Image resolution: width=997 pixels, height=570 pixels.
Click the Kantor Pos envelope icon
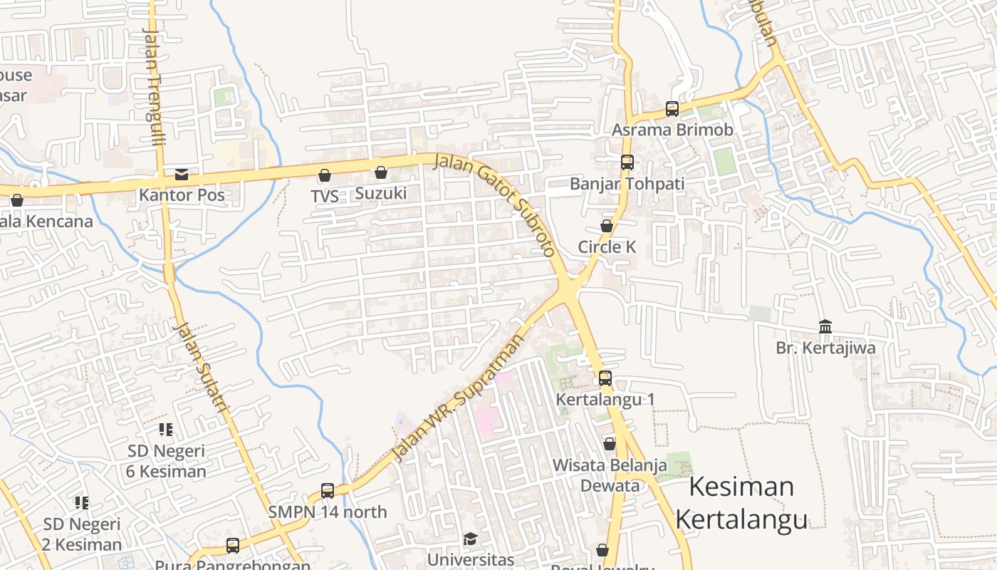pos(182,174)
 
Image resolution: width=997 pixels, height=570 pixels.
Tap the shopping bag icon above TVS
pos(325,175)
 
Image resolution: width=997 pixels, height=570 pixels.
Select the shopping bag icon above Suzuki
pos(380,172)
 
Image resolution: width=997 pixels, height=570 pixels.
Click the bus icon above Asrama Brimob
pos(672,108)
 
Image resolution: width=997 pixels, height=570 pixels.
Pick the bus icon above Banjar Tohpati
pos(627,162)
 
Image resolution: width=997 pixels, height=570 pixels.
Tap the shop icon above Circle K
pos(606,226)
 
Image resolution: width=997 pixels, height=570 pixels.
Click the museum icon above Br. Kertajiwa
pos(825,326)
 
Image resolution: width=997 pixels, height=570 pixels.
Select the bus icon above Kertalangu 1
pos(605,378)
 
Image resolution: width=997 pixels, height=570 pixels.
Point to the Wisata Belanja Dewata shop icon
pos(609,444)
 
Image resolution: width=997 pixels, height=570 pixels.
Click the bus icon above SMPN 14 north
pos(328,490)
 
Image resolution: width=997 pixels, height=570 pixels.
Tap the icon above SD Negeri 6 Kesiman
pos(166,429)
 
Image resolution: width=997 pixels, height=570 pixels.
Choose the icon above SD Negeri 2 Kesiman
pos(82,502)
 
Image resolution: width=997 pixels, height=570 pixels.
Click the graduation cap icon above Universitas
pos(470,538)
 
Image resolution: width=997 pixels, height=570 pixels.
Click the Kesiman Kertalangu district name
pos(741,503)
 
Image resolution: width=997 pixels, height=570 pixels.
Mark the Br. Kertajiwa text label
pos(825,348)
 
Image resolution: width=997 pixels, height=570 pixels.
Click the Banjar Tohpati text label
pos(627,184)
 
